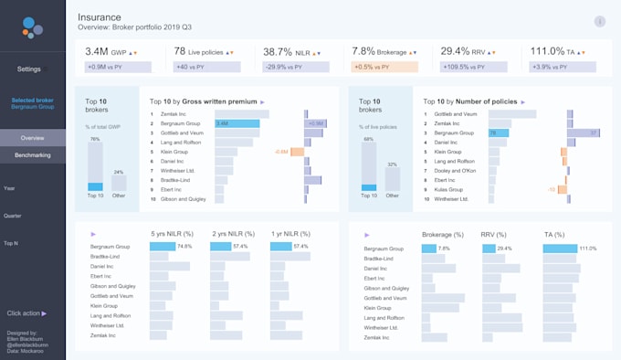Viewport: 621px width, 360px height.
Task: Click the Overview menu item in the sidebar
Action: pyautogui.click(x=33, y=138)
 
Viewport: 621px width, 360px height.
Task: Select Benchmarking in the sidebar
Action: pyautogui.click(x=33, y=155)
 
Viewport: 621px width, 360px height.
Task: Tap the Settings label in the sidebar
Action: pyautogui.click(x=29, y=69)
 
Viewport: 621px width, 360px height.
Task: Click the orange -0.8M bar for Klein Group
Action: pyautogui.click(x=297, y=152)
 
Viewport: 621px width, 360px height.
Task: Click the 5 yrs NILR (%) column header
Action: pyautogui.click(x=171, y=234)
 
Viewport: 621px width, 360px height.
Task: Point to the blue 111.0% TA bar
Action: pyautogui.click(x=560, y=248)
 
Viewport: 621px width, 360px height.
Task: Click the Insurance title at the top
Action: pyautogui.click(x=99, y=17)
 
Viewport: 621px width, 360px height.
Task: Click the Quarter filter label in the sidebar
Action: pyautogui.click(x=13, y=216)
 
